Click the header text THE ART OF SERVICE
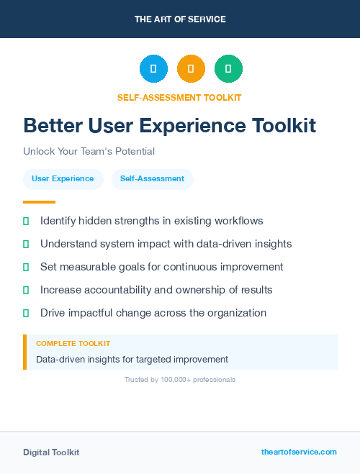coord(180,19)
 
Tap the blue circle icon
coord(153,69)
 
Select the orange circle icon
coord(191,69)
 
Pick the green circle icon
coord(229,69)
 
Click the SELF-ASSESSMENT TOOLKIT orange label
coord(179,97)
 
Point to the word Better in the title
coord(51,126)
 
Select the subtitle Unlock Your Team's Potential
coord(89,152)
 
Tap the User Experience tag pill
coord(63,179)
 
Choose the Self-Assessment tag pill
coord(153,179)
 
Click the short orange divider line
coord(39,202)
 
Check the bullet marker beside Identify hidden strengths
coord(26,221)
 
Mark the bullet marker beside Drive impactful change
coord(26,313)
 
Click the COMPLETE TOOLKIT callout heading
coord(73,344)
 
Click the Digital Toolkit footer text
coord(51,452)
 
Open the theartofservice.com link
coord(299,452)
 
